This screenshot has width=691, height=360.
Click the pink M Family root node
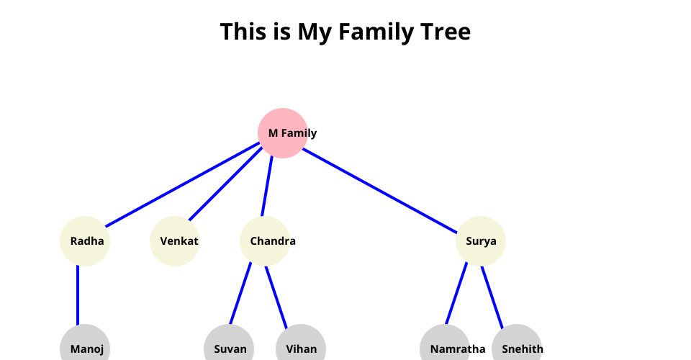(x=283, y=132)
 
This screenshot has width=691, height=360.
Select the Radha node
(x=85, y=241)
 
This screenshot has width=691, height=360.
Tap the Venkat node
(x=175, y=241)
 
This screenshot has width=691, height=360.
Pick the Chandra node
(x=265, y=241)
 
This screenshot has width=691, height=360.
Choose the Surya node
(x=481, y=241)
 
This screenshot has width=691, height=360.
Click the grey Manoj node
(x=85, y=348)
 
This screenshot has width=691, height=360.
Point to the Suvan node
(x=229, y=348)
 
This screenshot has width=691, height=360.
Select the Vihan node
(x=301, y=348)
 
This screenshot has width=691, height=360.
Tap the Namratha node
(x=445, y=348)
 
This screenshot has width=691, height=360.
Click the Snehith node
(x=517, y=348)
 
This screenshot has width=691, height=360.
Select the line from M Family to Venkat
(x=225, y=184)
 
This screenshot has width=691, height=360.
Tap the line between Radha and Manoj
(x=78, y=295)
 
